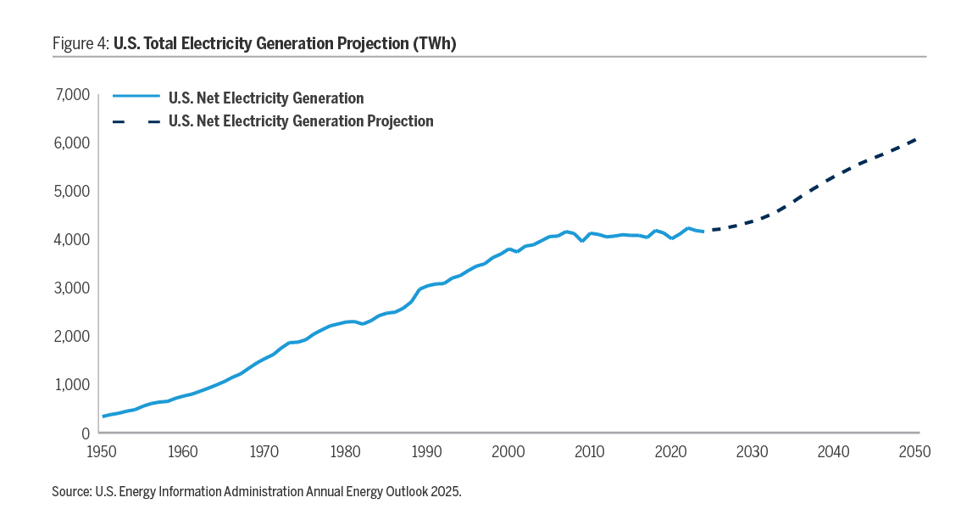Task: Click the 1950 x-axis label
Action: [103, 451]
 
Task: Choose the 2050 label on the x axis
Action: [916, 451]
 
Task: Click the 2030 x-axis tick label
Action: [753, 451]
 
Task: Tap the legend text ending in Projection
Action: [301, 121]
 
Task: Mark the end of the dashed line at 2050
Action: [915, 140]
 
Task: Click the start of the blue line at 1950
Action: [103, 416]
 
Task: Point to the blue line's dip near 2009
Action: [582, 241]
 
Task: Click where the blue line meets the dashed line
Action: [703, 230]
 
